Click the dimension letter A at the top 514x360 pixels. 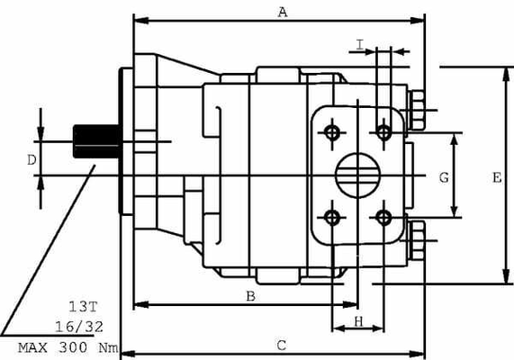tap(283, 12)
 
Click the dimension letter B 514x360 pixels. tap(252, 295)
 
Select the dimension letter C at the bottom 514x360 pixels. tap(282, 345)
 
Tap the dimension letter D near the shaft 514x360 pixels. tap(30, 160)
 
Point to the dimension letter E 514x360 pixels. tap(496, 178)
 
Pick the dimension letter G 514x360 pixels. tap(443, 178)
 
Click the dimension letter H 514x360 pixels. tap(357, 321)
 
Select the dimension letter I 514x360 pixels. tap(360, 44)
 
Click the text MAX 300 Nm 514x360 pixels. tap(68, 346)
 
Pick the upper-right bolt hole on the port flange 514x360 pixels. tap(384, 133)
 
